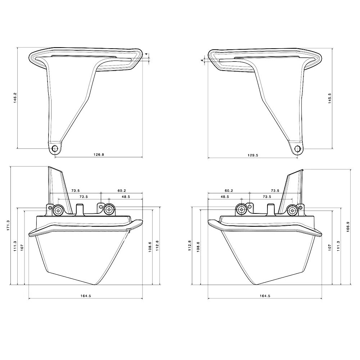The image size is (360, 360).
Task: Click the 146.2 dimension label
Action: pyautogui.click(x=15, y=98)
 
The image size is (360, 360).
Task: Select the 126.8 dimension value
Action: pyautogui.click(x=99, y=154)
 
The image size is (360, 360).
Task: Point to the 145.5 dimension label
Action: pyautogui.click(x=330, y=98)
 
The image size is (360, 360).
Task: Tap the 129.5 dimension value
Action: pyautogui.click(x=253, y=155)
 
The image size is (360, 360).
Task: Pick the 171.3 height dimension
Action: pyautogui.click(x=9, y=225)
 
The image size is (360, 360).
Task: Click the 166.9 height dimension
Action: pyautogui.click(x=348, y=226)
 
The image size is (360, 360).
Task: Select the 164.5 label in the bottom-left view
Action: pyautogui.click(x=86, y=296)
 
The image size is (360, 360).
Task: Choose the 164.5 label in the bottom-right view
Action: pyautogui.click(x=265, y=296)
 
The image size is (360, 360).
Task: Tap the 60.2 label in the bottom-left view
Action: pyautogui.click(x=122, y=190)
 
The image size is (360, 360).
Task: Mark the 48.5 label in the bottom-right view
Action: pyautogui.click(x=225, y=197)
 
